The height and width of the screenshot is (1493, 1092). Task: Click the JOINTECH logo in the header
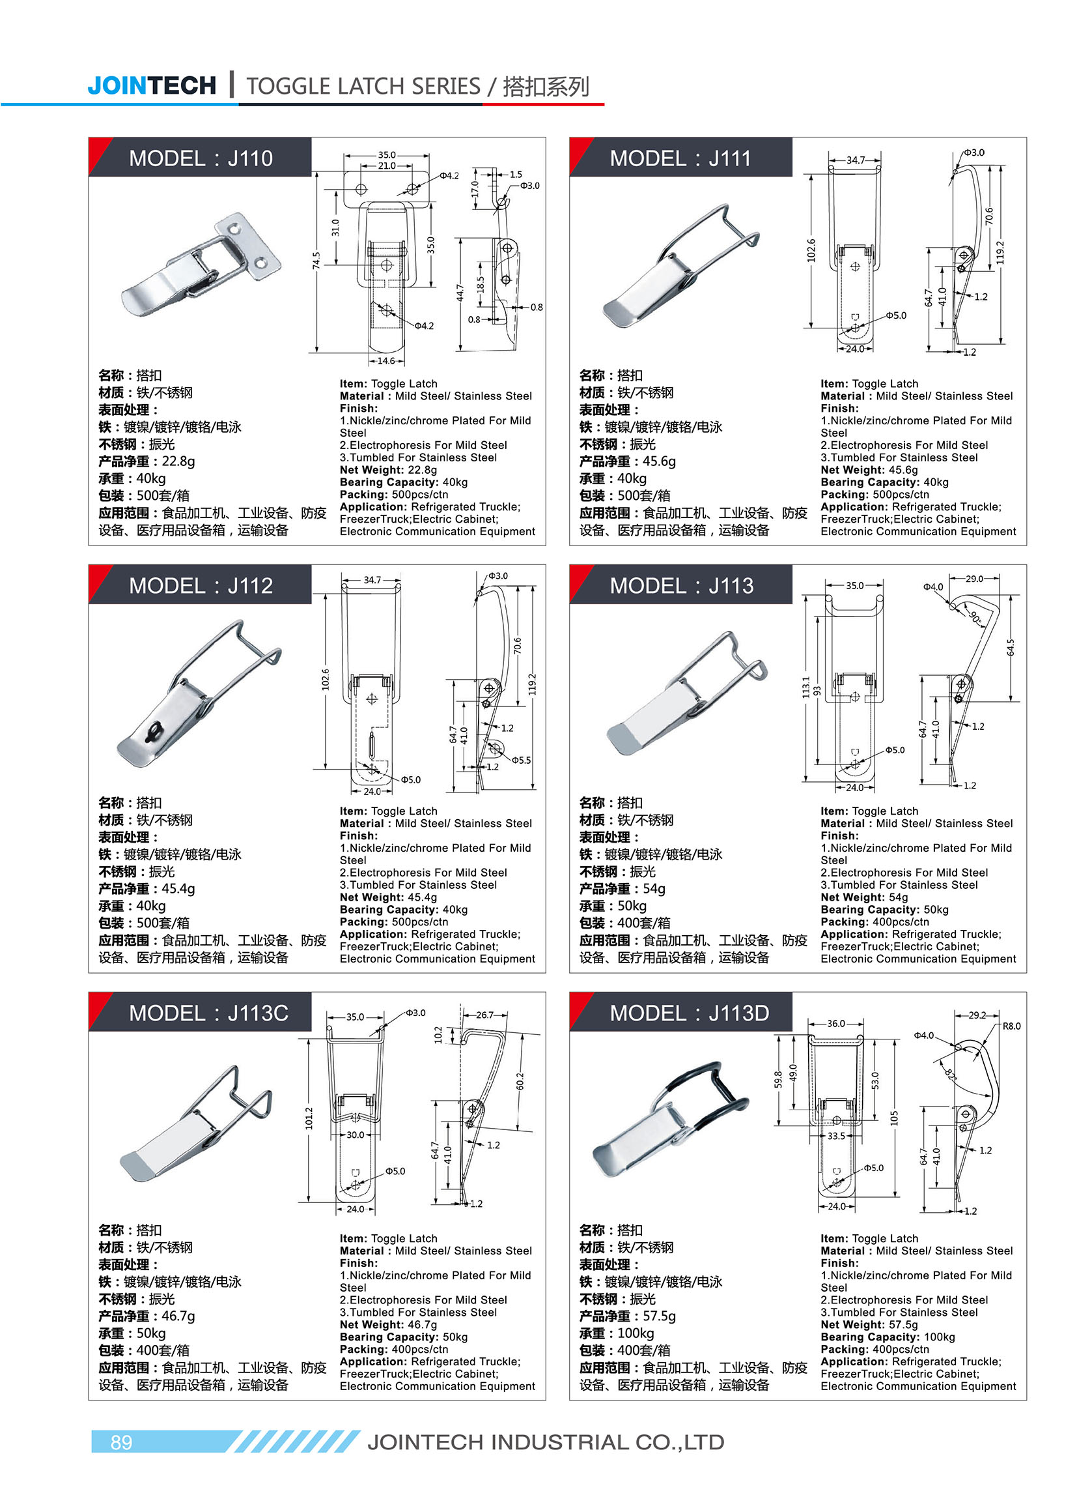click(x=151, y=85)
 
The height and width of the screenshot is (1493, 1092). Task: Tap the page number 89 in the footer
click(x=121, y=1442)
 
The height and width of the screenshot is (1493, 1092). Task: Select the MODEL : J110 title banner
click(x=201, y=158)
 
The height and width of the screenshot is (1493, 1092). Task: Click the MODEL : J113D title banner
click(x=689, y=1013)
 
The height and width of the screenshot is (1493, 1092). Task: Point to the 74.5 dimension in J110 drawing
click(x=316, y=260)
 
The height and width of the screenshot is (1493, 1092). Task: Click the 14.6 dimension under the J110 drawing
click(x=386, y=360)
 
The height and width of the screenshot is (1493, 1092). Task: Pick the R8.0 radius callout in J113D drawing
click(x=1011, y=1026)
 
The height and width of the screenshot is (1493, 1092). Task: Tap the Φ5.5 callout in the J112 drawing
click(x=521, y=760)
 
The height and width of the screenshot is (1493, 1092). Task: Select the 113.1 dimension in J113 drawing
click(x=805, y=687)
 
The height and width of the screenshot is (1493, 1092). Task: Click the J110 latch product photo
click(x=202, y=265)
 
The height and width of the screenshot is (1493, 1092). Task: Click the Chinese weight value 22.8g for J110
click(x=178, y=461)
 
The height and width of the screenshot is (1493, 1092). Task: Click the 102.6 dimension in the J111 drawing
click(x=811, y=250)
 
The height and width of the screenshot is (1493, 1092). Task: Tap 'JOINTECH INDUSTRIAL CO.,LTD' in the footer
click(x=545, y=1442)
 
